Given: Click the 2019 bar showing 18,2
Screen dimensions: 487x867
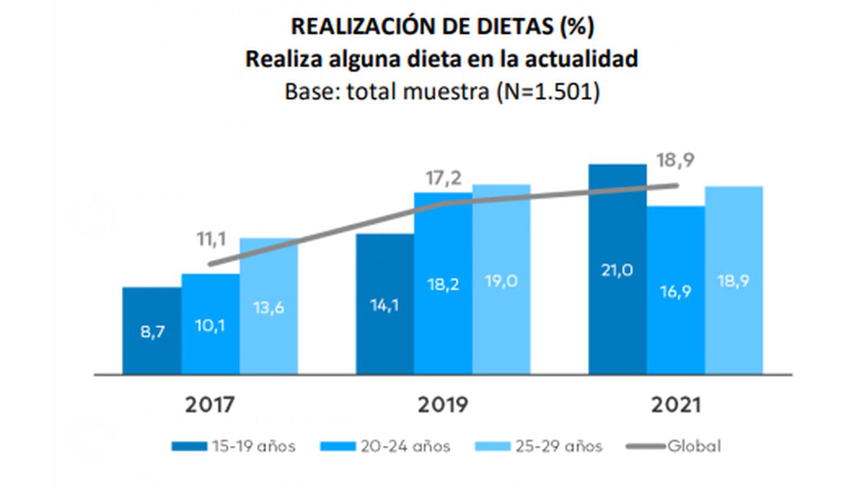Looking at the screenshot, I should click(x=443, y=283).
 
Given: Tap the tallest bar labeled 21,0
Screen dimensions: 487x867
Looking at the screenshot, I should click(x=617, y=269).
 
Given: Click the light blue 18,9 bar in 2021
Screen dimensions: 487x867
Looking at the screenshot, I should click(x=734, y=280).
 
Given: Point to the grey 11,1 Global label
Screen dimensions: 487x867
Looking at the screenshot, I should click(x=211, y=239).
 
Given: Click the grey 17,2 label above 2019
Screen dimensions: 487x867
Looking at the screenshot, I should click(x=443, y=177).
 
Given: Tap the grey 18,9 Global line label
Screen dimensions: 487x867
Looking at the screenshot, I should click(x=675, y=160).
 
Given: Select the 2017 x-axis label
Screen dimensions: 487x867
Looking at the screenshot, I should click(x=210, y=405).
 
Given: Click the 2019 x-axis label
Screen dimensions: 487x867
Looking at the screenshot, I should click(x=443, y=405).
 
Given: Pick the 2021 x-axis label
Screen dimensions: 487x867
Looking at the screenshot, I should click(x=676, y=405).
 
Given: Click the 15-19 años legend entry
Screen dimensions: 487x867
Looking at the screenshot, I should click(x=234, y=446).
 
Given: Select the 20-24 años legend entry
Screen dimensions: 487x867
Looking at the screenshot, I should click(x=386, y=446).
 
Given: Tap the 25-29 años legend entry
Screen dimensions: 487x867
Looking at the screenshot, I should click(x=539, y=446).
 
